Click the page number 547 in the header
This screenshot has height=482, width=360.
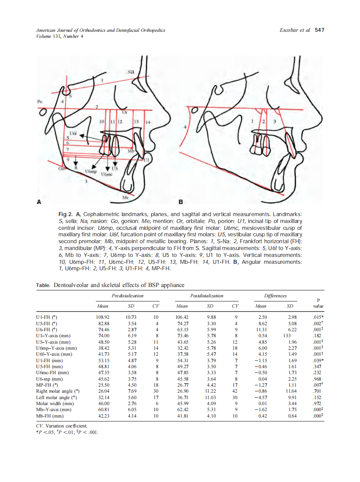click(319, 31)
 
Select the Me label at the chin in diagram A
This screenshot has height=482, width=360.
click(125, 197)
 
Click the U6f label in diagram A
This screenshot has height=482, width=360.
click(73, 133)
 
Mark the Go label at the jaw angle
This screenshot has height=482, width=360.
click(62, 169)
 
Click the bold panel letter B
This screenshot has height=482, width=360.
click(181, 201)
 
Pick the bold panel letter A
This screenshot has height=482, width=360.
click(40, 201)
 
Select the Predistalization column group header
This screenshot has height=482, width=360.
click(128, 296)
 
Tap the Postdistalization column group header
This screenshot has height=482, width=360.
click(207, 296)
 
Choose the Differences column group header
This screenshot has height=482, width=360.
click(275, 296)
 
